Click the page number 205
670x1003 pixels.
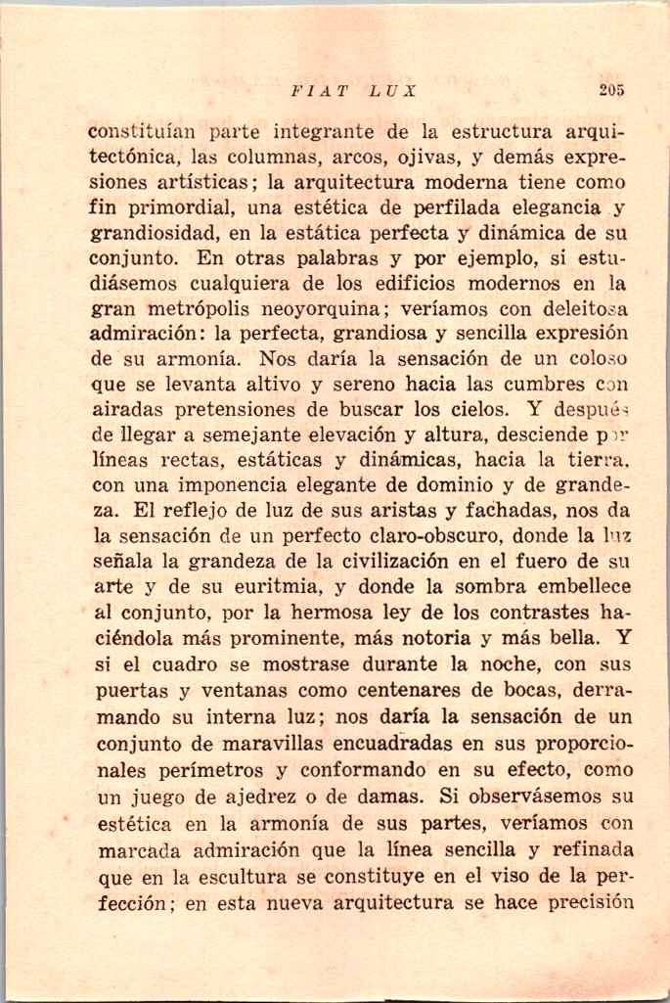click(612, 90)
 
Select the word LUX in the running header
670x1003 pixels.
click(393, 90)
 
